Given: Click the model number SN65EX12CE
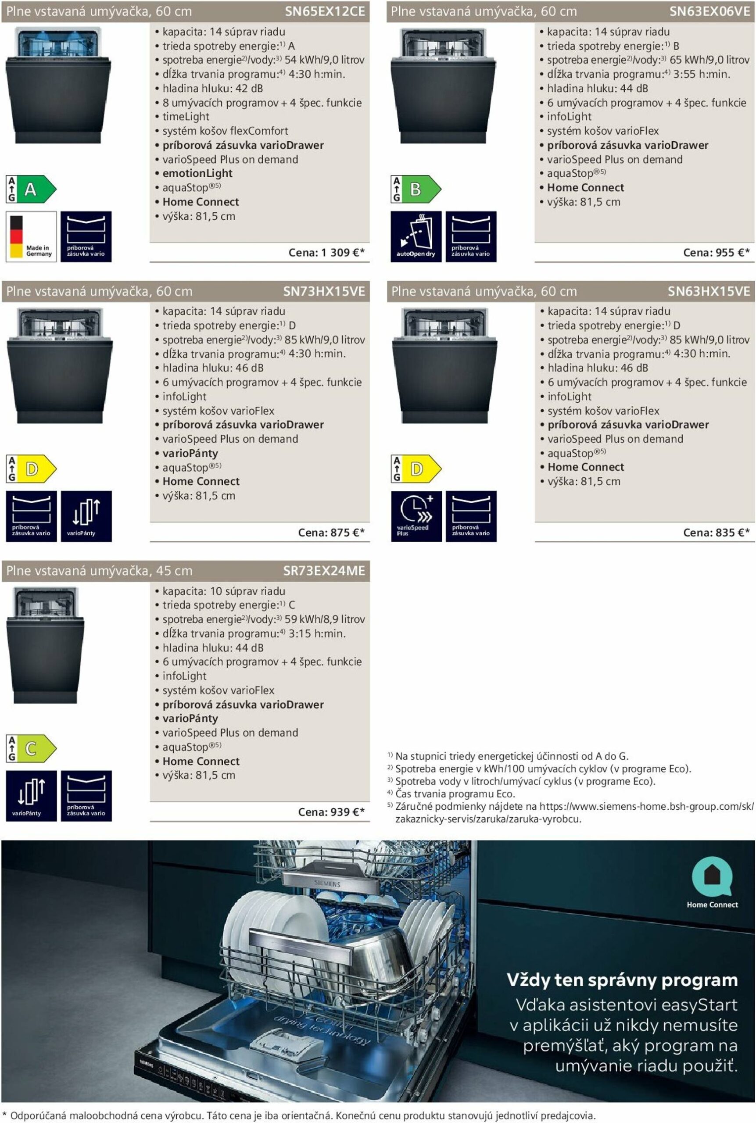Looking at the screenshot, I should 325,11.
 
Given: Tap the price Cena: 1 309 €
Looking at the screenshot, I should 326,253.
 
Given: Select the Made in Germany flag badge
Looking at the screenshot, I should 31,236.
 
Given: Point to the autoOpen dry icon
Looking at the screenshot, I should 416,236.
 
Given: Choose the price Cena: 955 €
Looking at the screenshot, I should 716,253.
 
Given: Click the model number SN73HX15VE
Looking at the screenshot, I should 324,291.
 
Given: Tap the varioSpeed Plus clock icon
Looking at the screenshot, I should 416,516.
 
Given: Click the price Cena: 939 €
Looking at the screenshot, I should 331,812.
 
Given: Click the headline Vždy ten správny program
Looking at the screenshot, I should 622,980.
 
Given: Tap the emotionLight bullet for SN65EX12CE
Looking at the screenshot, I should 197,174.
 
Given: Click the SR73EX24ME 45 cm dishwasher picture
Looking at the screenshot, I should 45,645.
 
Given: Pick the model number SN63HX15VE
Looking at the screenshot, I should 709,291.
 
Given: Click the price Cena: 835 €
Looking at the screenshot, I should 716,533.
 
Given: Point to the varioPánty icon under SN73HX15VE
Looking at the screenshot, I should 86,516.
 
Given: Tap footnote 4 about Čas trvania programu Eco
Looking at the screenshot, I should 455,794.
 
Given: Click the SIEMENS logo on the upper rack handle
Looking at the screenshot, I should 327,884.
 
